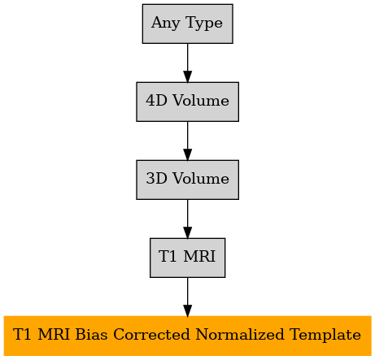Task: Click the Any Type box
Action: [x=187, y=24]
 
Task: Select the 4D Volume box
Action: [x=187, y=102]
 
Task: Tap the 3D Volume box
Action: [x=187, y=180]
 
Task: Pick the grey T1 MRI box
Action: [x=187, y=258]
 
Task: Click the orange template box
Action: [x=187, y=336]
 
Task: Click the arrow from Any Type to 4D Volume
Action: [x=187, y=63]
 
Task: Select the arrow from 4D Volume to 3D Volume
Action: [x=187, y=141]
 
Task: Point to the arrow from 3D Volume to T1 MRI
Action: [x=187, y=219]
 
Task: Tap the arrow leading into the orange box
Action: [x=187, y=297]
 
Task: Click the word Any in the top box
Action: [x=166, y=24]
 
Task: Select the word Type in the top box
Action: [x=204, y=24]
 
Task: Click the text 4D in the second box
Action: [x=156, y=100]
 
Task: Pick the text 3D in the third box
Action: [x=156, y=178]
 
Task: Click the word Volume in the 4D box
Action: [x=201, y=100]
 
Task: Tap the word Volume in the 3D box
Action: [x=201, y=178]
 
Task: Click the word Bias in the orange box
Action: [x=91, y=334]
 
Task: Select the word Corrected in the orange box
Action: [x=151, y=334]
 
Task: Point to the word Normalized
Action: [x=240, y=334]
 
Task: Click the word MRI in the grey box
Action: [x=199, y=256]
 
